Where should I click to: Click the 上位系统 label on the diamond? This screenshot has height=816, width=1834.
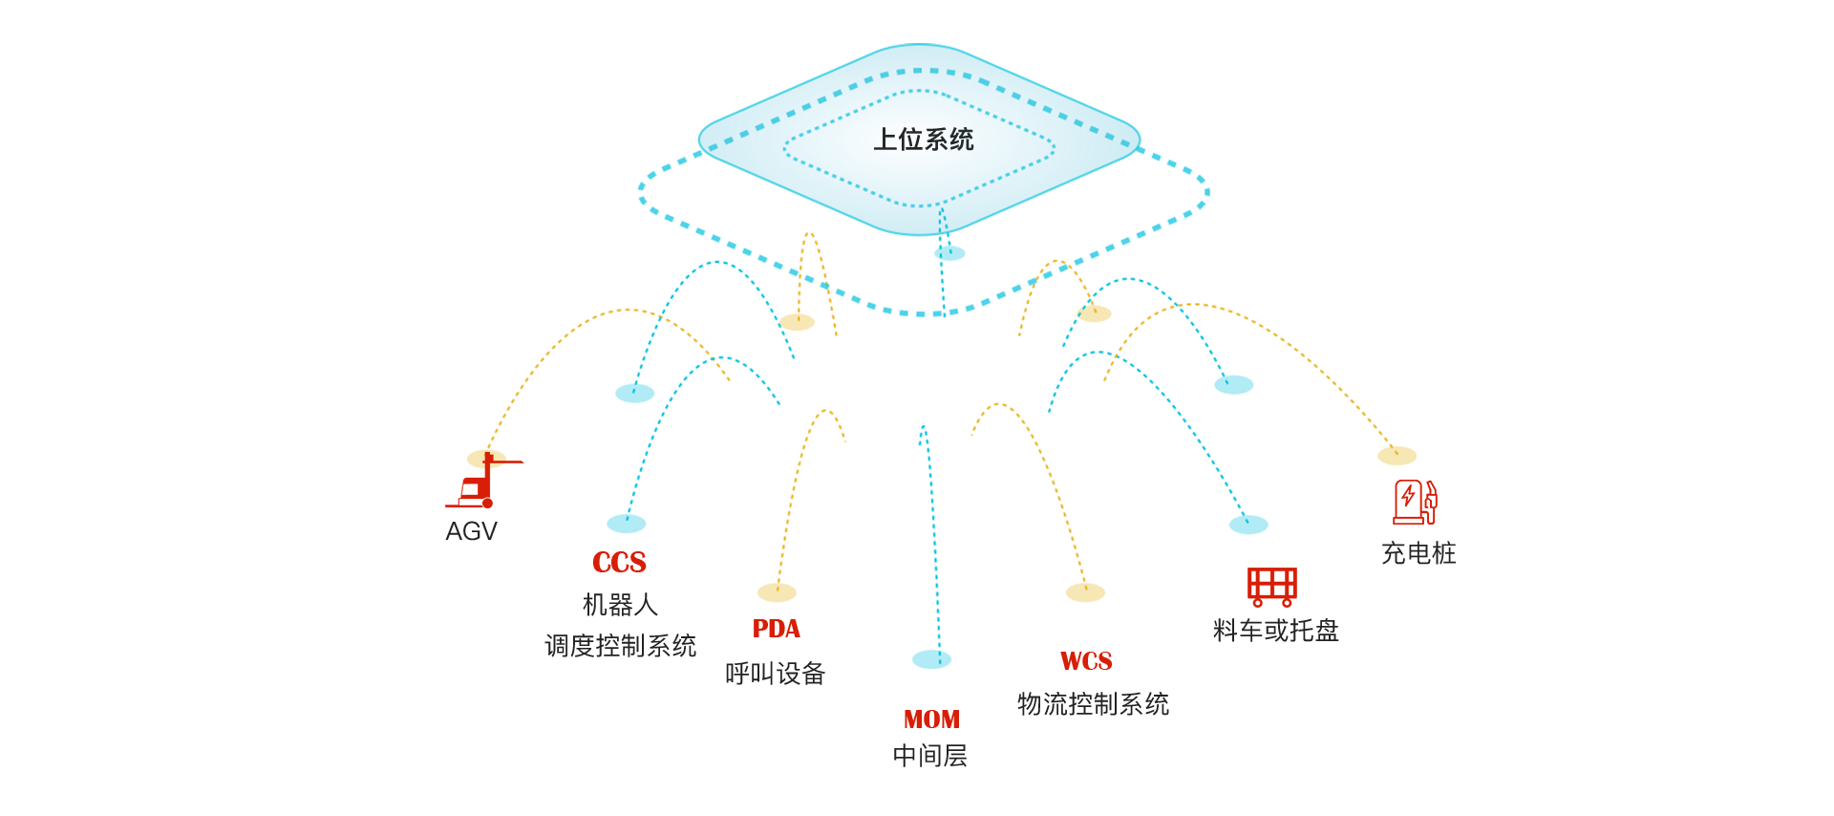[x=924, y=140]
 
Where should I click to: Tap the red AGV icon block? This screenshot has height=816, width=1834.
[x=484, y=480]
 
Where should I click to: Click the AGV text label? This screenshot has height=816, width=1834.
[x=472, y=531]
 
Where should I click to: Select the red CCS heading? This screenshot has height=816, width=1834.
[x=619, y=563]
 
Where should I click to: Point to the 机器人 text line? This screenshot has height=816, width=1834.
[x=620, y=605]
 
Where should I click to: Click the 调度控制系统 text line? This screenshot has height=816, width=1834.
[x=620, y=646]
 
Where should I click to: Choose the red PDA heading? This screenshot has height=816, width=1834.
[x=776, y=629]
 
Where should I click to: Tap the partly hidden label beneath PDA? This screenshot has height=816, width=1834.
[x=775, y=673]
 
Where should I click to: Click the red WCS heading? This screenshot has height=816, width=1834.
[x=1086, y=661]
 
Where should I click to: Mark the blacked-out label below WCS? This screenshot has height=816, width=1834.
[x=1093, y=704]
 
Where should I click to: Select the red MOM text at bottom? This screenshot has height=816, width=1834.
[x=931, y=719]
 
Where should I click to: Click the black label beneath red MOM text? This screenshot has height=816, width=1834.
[x=930, y=756]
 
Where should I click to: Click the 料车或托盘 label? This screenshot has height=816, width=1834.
[x=1275, y=631]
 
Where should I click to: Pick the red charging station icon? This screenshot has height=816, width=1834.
[x=1415, y=502]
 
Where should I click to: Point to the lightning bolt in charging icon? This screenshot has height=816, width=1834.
[x=1408, y=496]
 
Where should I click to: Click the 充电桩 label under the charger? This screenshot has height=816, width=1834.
[x=1418, y=553]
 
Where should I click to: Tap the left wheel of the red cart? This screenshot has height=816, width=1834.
[x=1258, y=602]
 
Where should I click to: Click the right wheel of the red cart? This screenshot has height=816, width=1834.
[x=1287, y=602]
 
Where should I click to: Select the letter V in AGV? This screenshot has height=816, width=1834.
[x=486, y=531]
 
